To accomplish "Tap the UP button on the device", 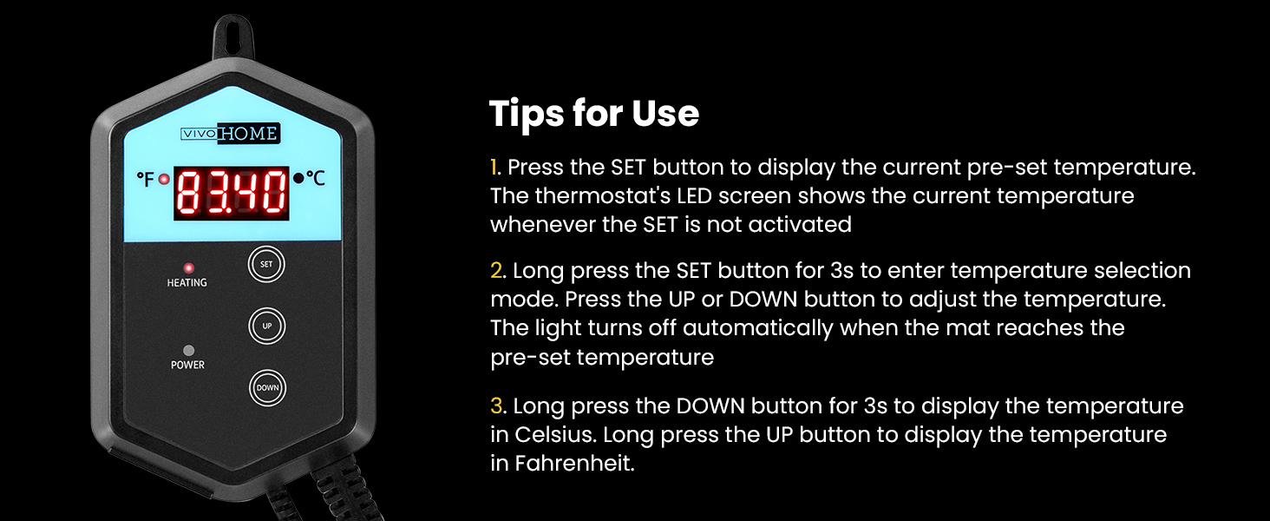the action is coord(267,326).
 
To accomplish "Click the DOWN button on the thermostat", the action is coord(267,387).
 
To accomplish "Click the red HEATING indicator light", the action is coord(188,267).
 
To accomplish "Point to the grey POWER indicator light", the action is coord(189,350).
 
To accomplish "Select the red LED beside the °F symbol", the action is coord(164,180).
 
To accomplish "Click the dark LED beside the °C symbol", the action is coord(298,178).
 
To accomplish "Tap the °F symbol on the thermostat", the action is coord(146,179).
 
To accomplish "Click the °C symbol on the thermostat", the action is coord(316,178).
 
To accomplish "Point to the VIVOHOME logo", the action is coord(230,134).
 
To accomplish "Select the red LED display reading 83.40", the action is coord(232,193).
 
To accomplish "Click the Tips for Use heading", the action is coord(594,114).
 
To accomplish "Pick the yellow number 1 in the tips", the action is coord(494,168).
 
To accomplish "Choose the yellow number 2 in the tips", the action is coord(497,271).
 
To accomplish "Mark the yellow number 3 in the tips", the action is coord(497,406).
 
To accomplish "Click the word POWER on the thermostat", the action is coord(187,365).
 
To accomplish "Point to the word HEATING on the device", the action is coord(187,282).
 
